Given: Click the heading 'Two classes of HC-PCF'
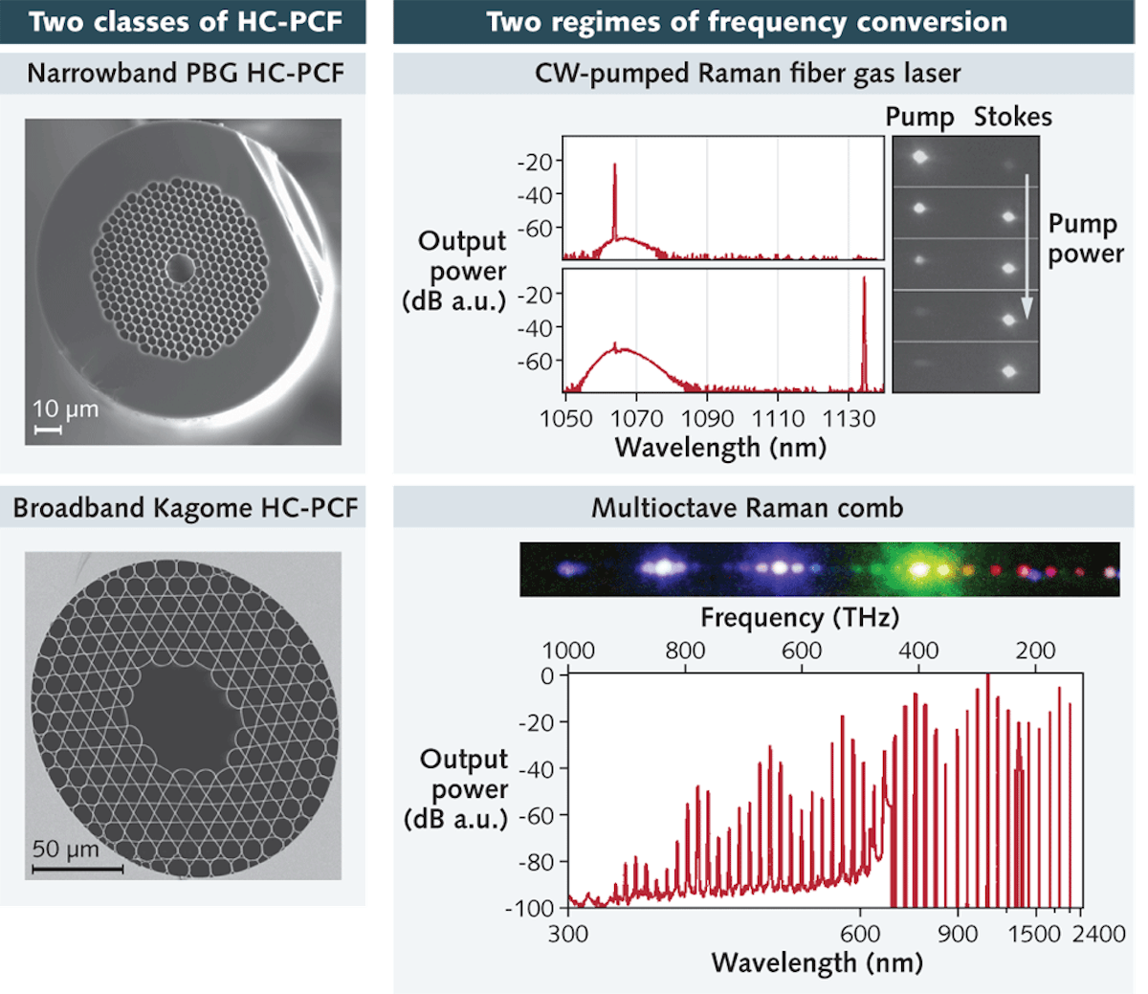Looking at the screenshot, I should [184, 22].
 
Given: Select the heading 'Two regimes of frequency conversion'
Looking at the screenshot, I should [746, 22].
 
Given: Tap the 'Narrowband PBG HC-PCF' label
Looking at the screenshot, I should [185, 74].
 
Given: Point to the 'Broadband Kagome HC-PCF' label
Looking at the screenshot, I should [185, 508].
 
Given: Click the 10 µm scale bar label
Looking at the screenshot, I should [65, 409].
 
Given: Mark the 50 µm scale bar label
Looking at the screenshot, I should [65, 849].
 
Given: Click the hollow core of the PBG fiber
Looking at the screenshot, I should [179, 269].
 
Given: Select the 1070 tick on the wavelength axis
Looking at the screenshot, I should [636, 419].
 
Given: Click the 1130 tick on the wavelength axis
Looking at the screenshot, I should [849, 419].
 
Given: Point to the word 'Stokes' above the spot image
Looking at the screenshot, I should [1012, 118].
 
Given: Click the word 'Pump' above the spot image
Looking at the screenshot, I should [919, 118].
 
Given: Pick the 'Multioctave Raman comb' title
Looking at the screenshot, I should [746, 508].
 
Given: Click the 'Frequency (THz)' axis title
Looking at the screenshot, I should [800, 618].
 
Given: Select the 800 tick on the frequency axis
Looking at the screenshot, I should [685, 651].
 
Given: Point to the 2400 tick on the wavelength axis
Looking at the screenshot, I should [1098, 934].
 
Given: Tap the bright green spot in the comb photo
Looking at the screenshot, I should [919, 569].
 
